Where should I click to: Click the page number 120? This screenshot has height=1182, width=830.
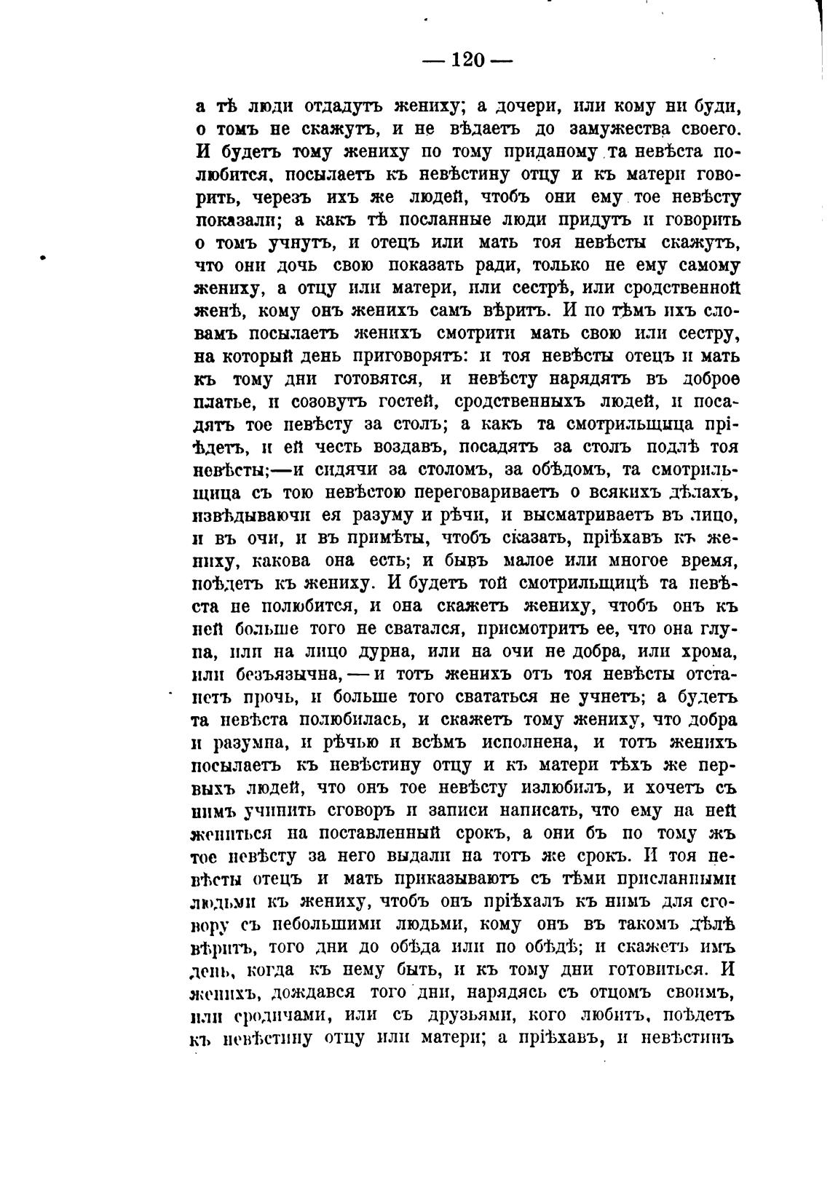point(467,60)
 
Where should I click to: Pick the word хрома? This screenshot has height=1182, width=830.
point(711,652)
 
